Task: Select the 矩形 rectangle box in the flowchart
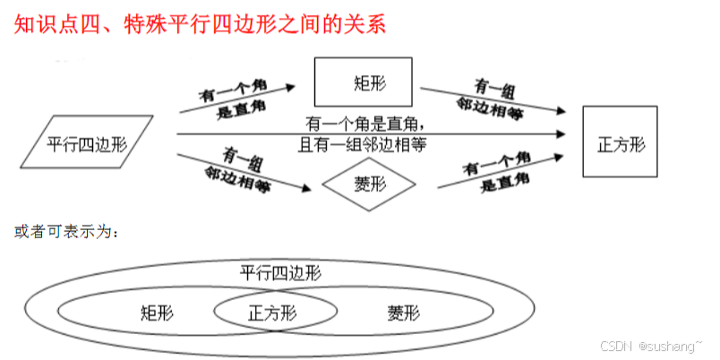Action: [x=363, y=82]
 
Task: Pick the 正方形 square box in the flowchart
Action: [x=621, y=144]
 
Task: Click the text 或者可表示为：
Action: [x=65, y=230]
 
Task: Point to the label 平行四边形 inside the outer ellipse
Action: [x=280, y=271]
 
